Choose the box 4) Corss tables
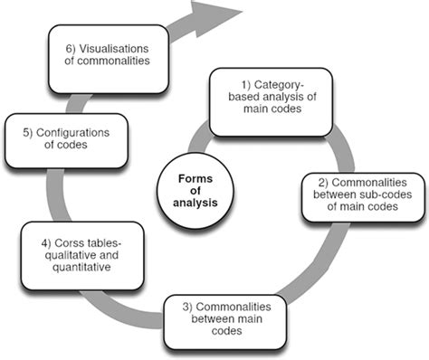pyautogui.click(x=81, y=256)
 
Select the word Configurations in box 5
pyautogui.click(x=75, y=133)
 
